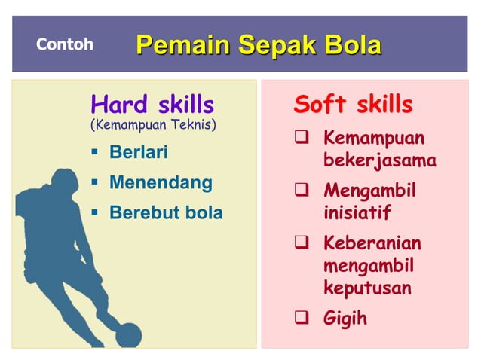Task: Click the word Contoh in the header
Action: [65, 44]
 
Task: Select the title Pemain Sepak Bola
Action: [259, 44]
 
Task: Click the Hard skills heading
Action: [152, 104]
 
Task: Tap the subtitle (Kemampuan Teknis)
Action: [153, 124]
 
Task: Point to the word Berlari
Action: [139, 153]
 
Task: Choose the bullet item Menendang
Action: [161, 182]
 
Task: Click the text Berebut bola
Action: [166, 213]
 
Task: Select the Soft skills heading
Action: [353, 104]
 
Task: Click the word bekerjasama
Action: [379, 161]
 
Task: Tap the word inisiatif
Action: [357, 213]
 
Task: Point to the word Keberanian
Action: [372, 244]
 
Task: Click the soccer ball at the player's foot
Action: [129, 334]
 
